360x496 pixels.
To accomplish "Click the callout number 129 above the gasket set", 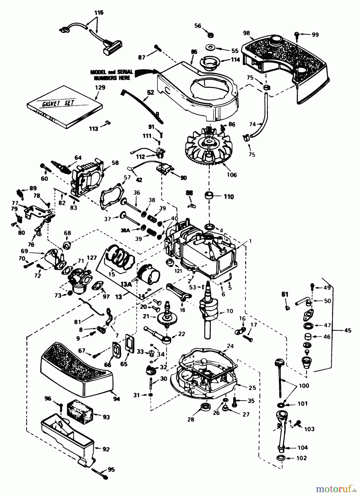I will point(100,88).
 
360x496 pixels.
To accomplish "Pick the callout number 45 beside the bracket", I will point(348,330).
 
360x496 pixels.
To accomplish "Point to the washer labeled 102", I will point(281,459).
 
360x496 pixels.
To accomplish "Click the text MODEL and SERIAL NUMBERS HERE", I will point(112,75).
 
